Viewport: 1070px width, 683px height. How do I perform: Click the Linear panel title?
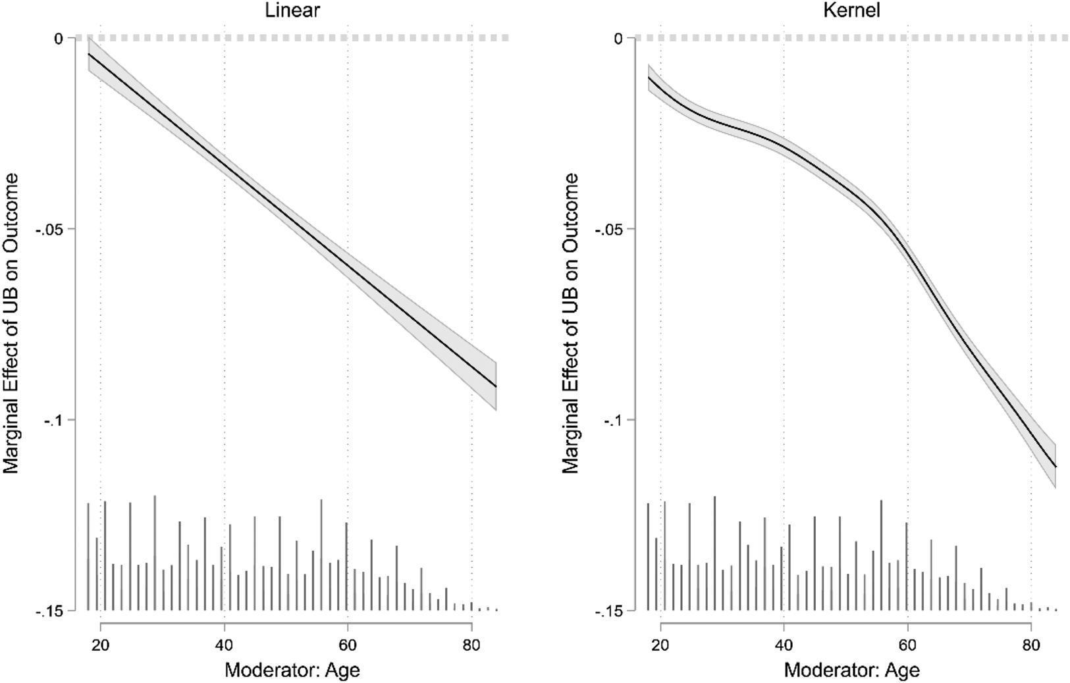point(297,11)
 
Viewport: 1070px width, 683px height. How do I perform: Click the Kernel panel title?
point(857,11)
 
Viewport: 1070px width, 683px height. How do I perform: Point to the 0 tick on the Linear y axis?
point(59,38)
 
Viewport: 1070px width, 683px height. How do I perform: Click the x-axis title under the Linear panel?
point(292,670)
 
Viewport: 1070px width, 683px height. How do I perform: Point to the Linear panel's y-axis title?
point(12,322)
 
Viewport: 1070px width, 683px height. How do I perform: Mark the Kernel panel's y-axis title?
point(571,322)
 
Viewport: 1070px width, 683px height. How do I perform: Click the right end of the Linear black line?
point(495,386)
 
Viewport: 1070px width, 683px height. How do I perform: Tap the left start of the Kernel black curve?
point(649,78)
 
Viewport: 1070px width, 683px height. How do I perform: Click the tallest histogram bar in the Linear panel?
point(155,553)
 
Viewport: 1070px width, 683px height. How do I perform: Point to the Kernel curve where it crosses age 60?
point(907,257)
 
